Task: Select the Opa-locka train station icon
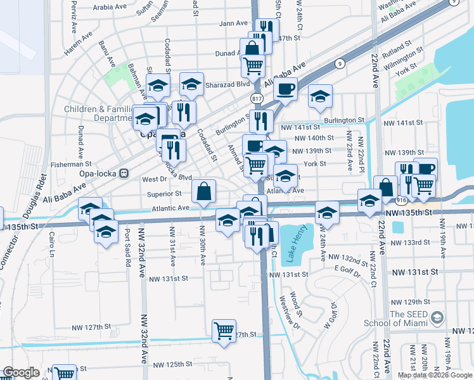[x=124, y=172]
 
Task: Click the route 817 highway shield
[x=256, y=99]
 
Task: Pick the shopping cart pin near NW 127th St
[x=224, y=329]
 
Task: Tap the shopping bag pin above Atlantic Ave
[x=203, y=191]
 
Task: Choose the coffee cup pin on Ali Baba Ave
[x=285, y=88]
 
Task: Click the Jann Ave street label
[x=233, y=23]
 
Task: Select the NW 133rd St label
[x=411, y=243]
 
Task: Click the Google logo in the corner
[x=21, y=373]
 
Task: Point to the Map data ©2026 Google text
[x=435, y=375]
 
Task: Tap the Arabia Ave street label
[x=110, y=8]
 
